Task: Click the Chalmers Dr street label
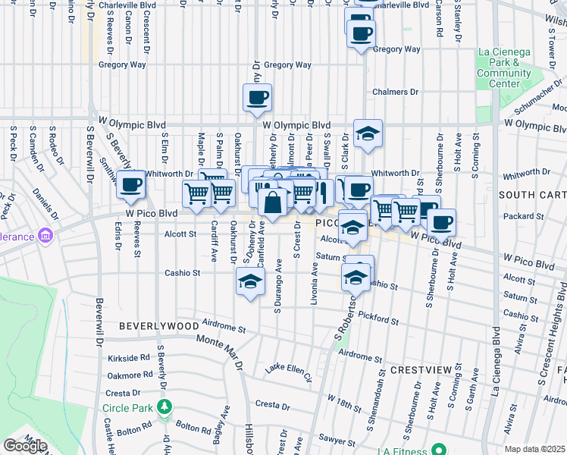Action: (x=395, y=92)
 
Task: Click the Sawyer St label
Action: (x=337, y=438)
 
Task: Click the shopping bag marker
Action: (x=273, y=202)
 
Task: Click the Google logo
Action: (x=24, y=446)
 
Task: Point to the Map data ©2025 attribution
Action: (x=534, y=449)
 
